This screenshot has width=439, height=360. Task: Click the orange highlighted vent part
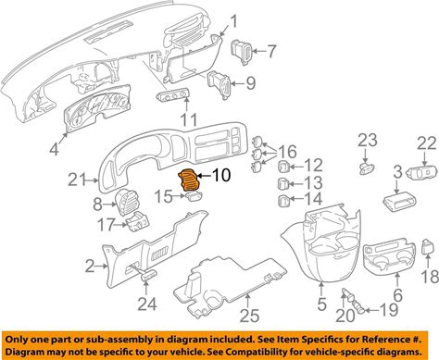189,180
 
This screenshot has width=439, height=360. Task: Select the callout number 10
220,175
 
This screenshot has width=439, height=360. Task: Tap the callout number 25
249,316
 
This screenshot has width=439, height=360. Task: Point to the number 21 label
77,180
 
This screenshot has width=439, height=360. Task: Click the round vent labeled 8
127,203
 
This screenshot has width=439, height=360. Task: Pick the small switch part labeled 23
367,168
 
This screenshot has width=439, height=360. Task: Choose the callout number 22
427,143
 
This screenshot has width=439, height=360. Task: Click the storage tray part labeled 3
399,202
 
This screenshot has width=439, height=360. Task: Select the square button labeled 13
283,184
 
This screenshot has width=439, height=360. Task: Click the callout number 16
287,152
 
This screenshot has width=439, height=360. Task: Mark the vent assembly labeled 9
219,84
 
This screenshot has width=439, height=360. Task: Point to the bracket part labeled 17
138,221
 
